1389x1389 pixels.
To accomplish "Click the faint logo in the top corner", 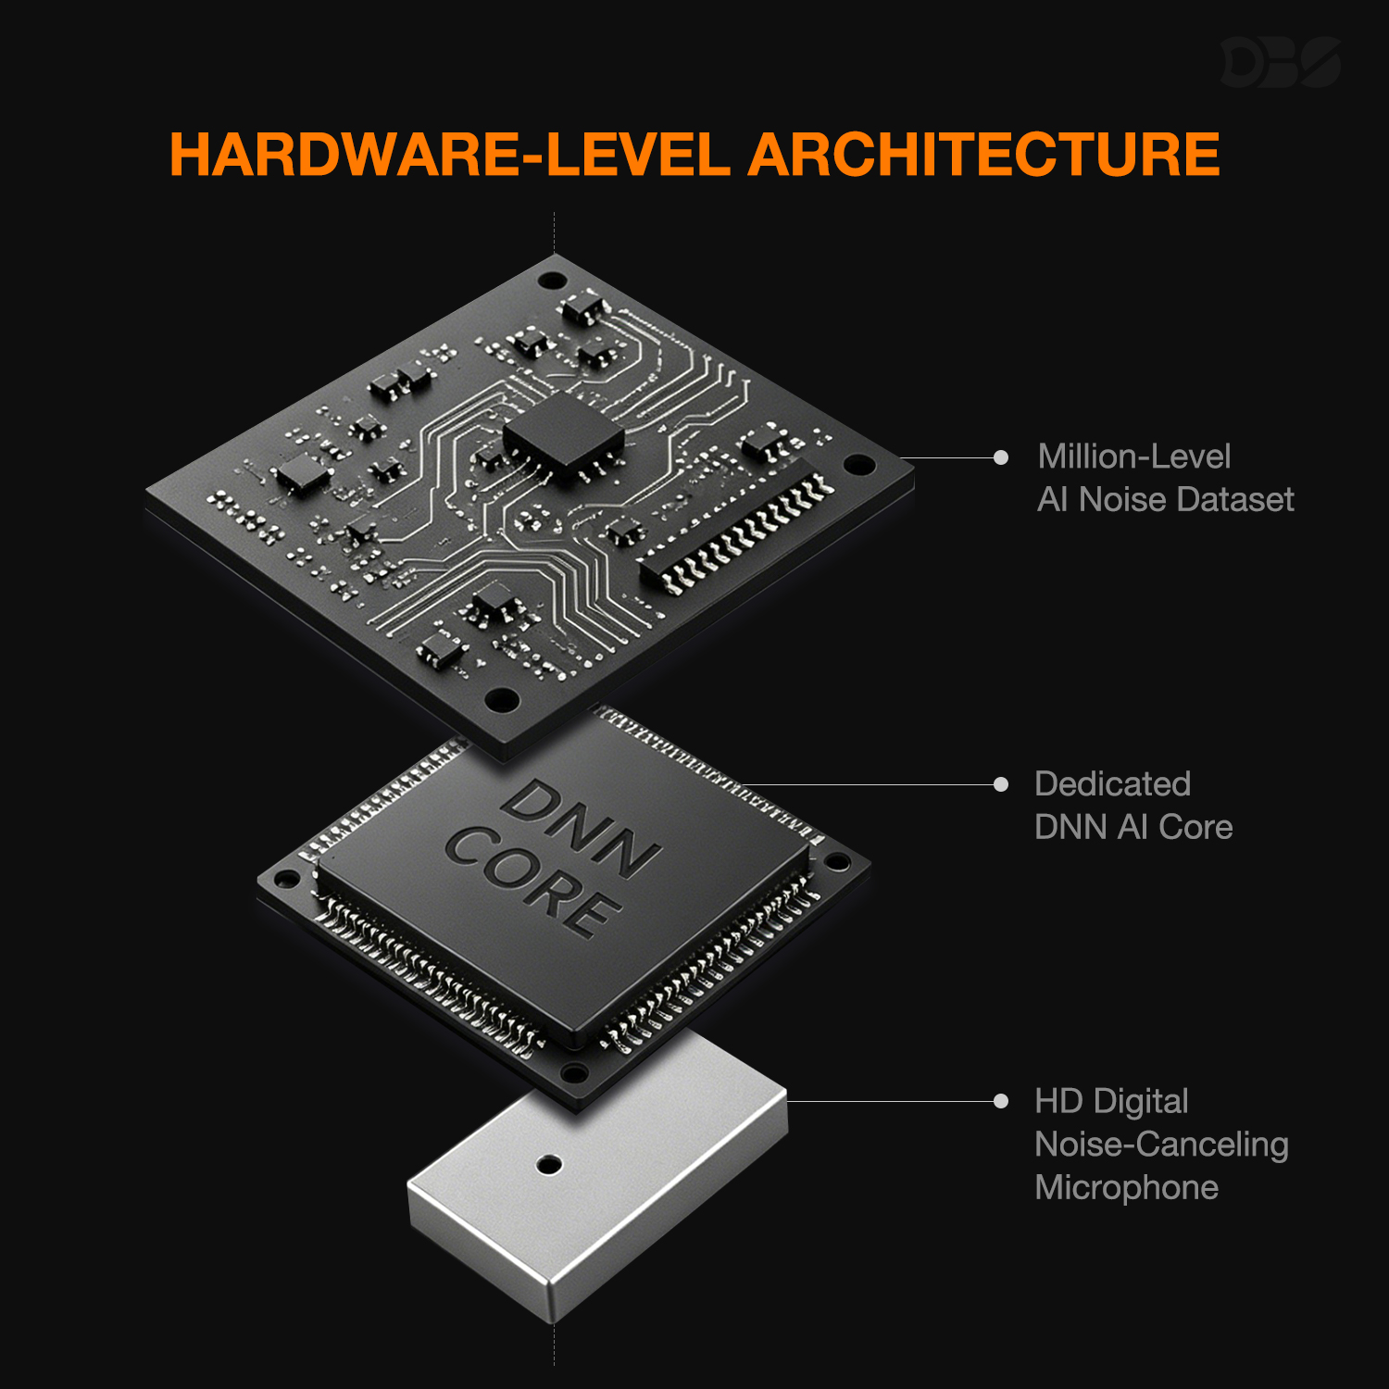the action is click(x=1281, y=62).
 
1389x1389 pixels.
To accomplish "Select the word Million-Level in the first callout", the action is click(x=1134, y=457).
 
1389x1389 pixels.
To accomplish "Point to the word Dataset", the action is click(x=1236, y=500).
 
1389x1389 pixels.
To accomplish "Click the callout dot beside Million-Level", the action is click(x=1001, y=457).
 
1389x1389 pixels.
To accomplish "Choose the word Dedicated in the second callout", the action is click(x=1113, y=784).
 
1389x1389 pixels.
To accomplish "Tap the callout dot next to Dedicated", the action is click(x=1001, y=784).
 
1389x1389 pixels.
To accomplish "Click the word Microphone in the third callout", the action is click(x=1127, y=1188).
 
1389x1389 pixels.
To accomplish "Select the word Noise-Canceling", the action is click(x=1162, y=1145).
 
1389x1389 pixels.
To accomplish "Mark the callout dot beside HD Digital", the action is click(x=1001, y=1101).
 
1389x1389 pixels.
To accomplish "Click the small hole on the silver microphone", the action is click(x=549, y=1164).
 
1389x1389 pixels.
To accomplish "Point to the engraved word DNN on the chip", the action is click(x=582, y=828).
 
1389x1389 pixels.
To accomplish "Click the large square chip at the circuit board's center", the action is click(x=563, y=433).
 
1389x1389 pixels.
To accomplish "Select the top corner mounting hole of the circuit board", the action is click(x=552, y=280).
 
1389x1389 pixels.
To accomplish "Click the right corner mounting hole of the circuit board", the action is click(x=857, y=464).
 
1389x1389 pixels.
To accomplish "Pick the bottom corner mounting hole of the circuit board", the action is click(x=501, y=698).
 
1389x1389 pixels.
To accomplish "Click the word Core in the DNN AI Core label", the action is click(x=1195, y=828).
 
